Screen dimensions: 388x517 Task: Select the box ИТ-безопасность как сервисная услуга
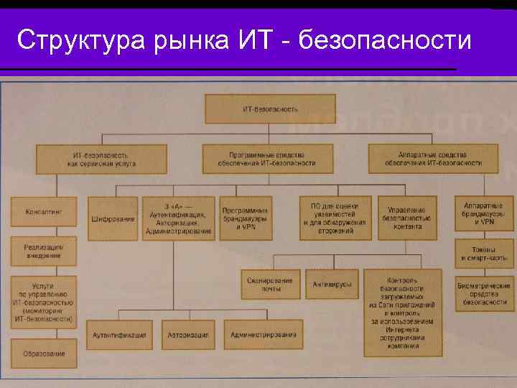point(101,159)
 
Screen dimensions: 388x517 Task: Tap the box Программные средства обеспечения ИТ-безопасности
point(267,159)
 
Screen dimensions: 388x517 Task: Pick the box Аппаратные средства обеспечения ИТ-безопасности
point(432,159)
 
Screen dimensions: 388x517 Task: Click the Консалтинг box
point(45,212)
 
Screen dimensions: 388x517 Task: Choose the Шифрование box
point(113,218)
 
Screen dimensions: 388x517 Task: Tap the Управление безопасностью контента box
point(407,218)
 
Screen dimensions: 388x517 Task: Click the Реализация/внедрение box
point(45,251)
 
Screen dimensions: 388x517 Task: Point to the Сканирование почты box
point(269,284)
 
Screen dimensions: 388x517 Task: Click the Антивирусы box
point(332,284)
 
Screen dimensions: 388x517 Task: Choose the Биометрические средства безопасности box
point(484,293)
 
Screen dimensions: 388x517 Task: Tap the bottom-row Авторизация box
point(188,335)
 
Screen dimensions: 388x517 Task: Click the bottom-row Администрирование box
point(264,335)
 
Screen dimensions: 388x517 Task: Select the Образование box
point(45,353)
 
